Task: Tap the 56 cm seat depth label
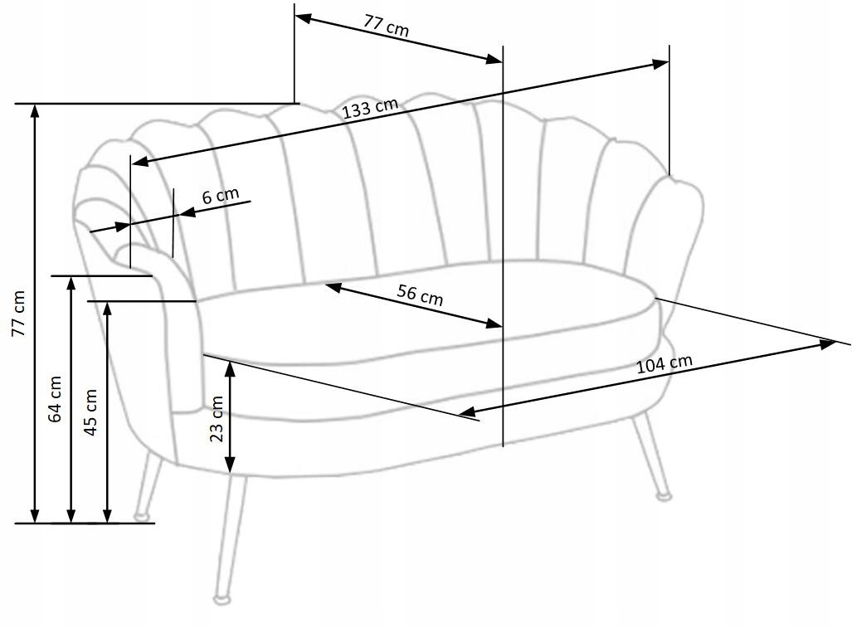[420, 295]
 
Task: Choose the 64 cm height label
[56, 399]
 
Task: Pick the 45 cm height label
[91, 411]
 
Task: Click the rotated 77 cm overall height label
[19, 314]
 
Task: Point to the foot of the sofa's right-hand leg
[663, 496]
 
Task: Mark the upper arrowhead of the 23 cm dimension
[231, 365]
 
